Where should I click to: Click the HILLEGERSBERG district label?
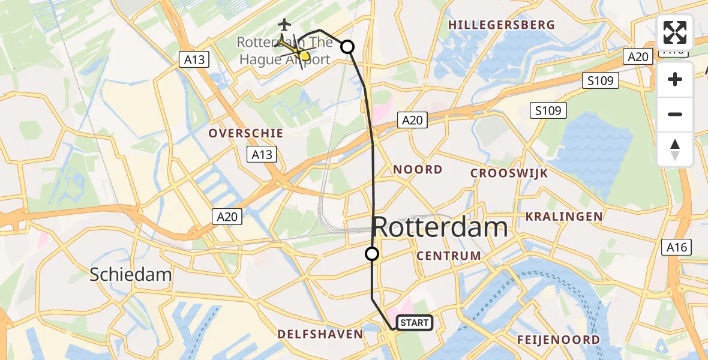pos(502,25)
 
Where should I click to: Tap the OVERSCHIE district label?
pos(245,133)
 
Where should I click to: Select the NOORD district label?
pos(418,170)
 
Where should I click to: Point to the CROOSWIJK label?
pos(509,173)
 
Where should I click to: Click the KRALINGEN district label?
pos(564,216)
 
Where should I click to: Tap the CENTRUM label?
pos(449,256)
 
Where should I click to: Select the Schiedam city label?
pos(131,275)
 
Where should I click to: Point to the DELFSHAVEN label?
pos(320,334)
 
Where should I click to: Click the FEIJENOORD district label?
pos(558,340)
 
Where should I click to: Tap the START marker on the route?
pos(414,323)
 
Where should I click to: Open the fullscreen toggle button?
pos(675,32)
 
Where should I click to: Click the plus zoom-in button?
pos(675,79)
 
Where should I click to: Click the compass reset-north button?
pos(675,149)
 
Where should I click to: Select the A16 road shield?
pos(678,247)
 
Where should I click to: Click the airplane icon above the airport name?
pos(284,25)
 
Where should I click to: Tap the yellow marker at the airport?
pos(304,56)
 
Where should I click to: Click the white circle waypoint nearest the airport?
pos(347,47)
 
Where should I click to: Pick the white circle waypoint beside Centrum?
pos(372,254)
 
